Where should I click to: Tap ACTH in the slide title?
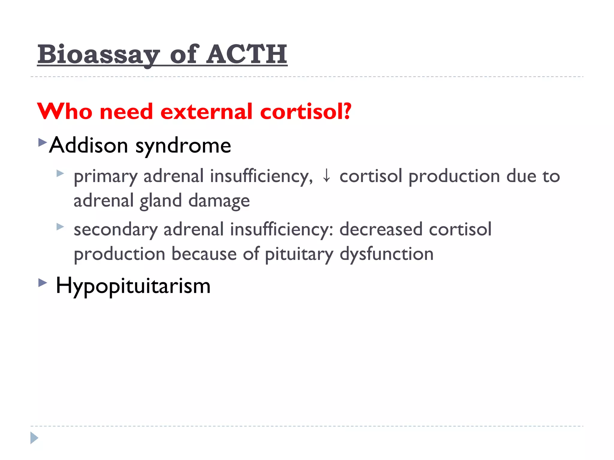247,55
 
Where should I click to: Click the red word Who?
65,111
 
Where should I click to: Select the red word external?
207,111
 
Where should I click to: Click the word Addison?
89,145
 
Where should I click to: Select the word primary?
105,177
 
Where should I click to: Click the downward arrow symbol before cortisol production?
326,175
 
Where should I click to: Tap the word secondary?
115,230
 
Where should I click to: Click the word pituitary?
299,255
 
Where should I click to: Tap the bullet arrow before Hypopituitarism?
43,282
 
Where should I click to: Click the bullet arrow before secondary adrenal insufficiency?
60,227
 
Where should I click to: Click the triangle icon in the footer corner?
34,438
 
